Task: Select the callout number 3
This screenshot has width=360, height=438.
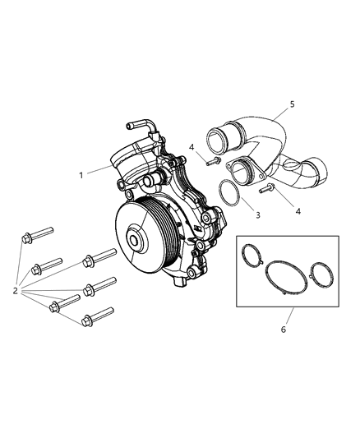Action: coord(259,215)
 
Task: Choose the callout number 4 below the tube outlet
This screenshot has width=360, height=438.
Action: coord(298,211)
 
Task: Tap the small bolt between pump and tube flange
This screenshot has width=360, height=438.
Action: coord(212,162)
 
